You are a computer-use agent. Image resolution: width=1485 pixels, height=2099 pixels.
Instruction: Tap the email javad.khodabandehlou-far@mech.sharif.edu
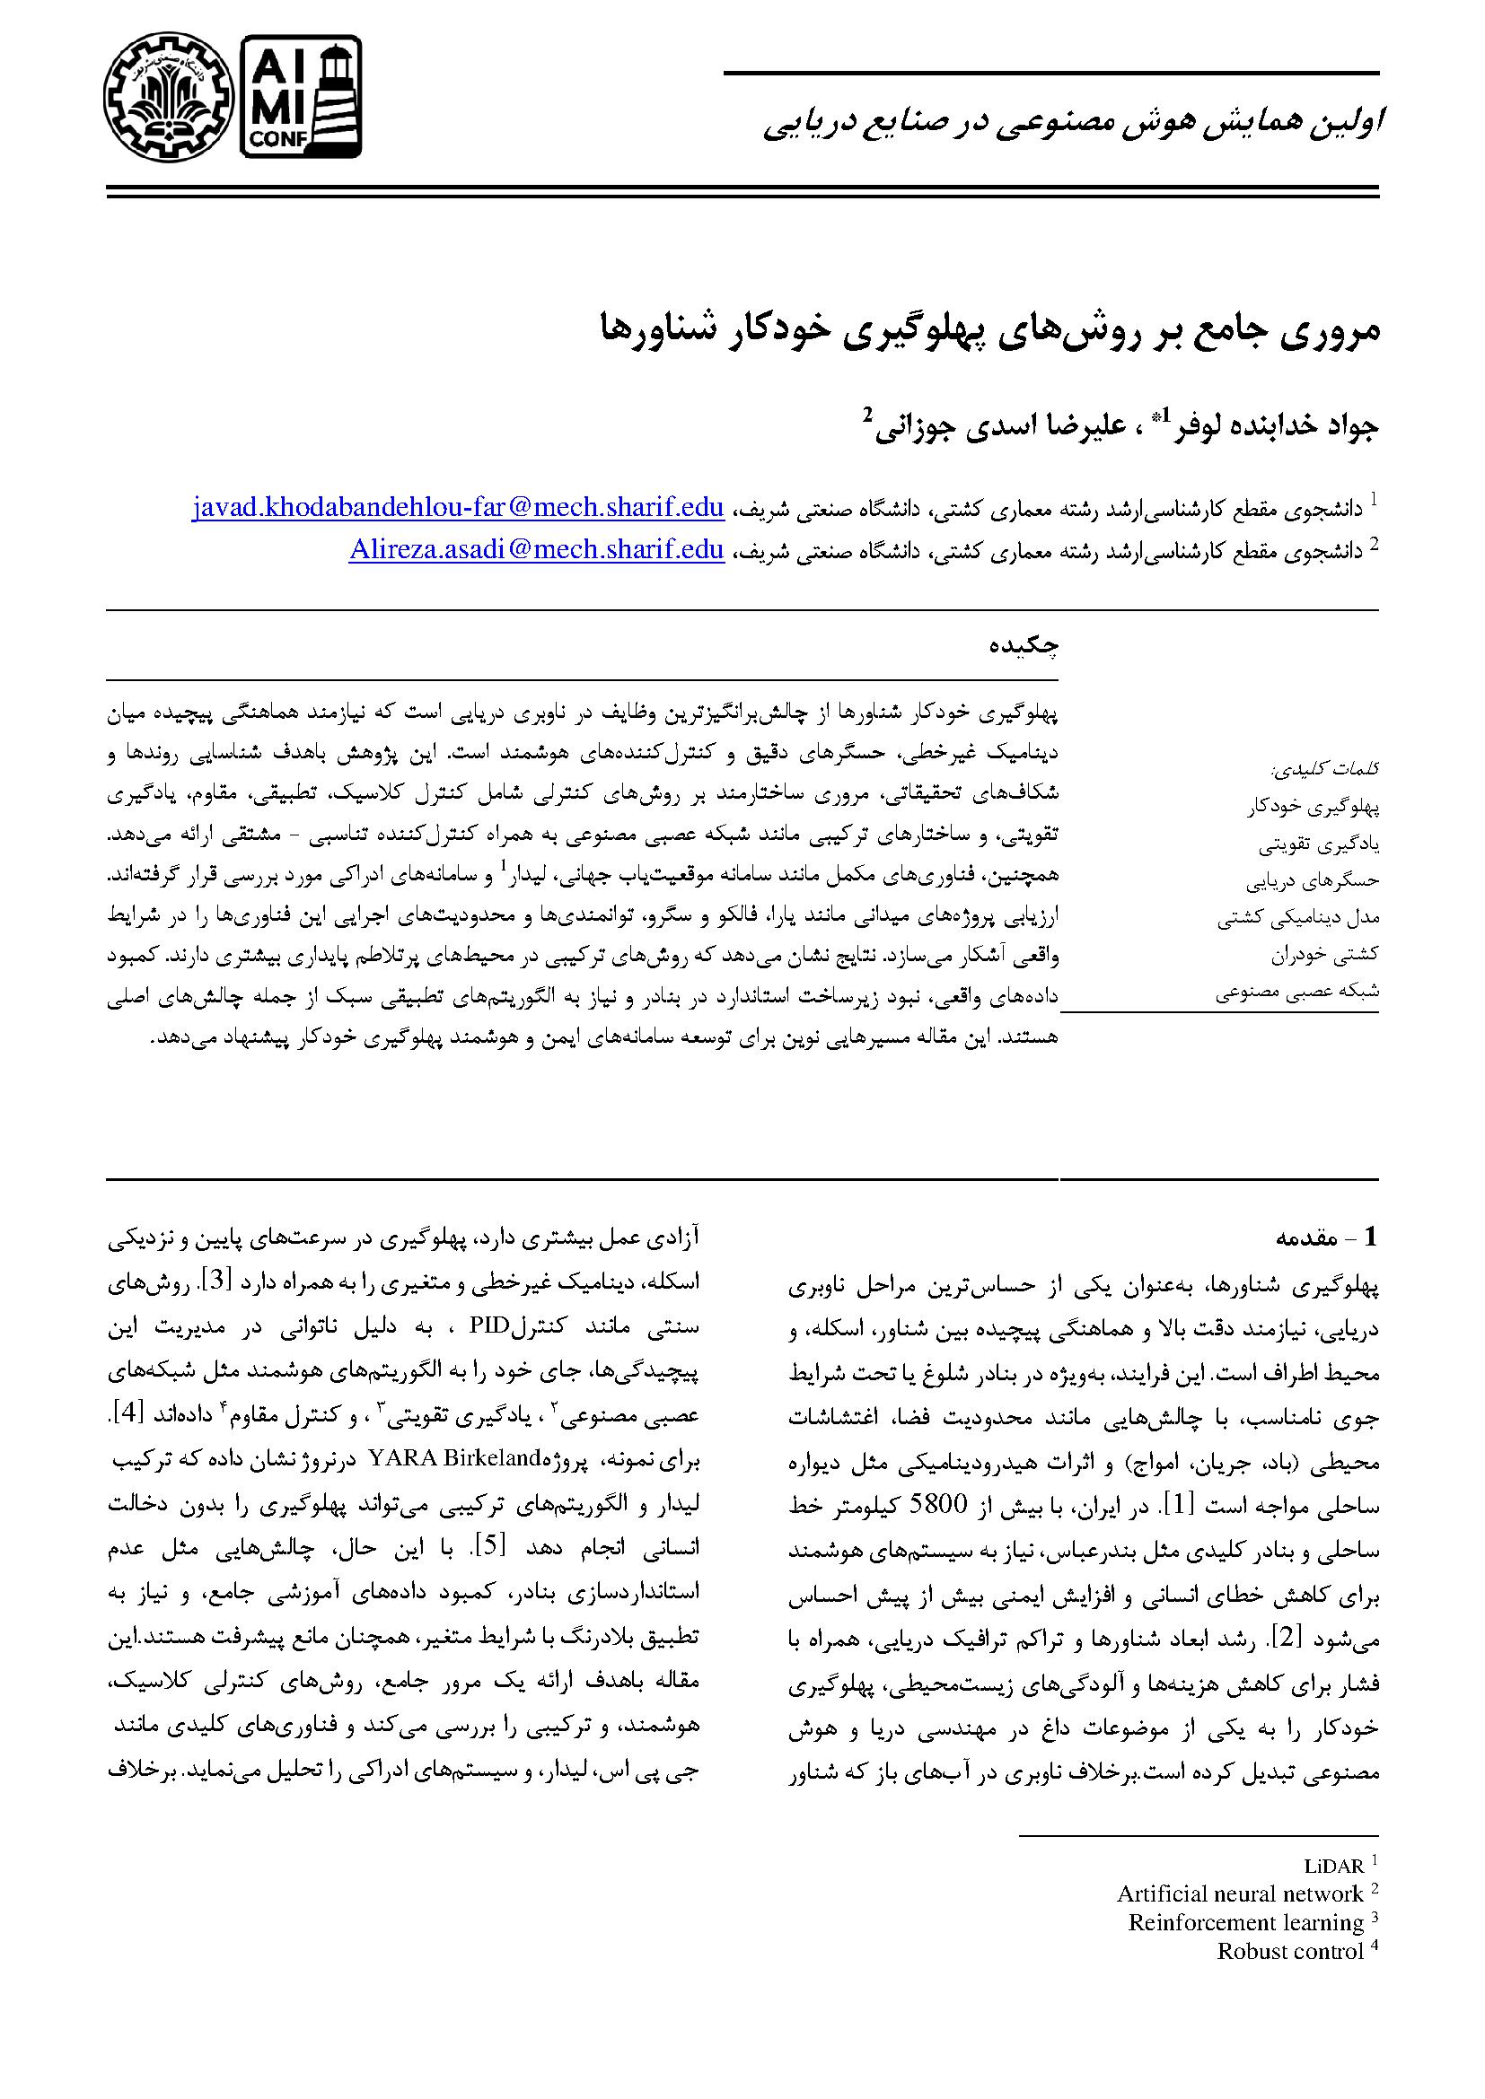(458, 507)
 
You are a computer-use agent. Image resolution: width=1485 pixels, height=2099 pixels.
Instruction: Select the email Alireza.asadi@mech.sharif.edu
(537, 549)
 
